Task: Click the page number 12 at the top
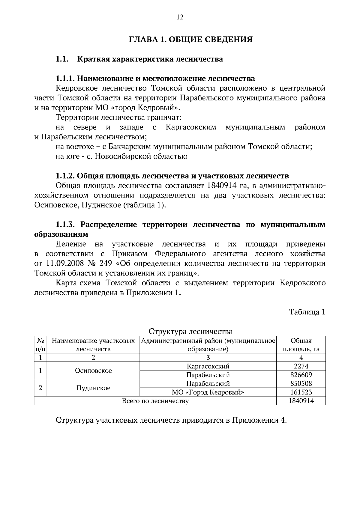pos(180,17)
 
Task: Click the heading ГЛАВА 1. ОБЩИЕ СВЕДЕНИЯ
pos(191,39)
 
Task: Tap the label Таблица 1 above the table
pos(307,312)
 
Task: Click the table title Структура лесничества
pos(190,331)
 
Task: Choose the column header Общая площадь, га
pos(301,345)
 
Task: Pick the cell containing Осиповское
pos(93,371)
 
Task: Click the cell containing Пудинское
pos(93,388)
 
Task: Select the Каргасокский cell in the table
pos(208,366)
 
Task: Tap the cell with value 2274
pos(301,366)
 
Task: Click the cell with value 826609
pos(301,375)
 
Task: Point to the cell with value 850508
pos(301,383)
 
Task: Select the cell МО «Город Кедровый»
pos(208,392)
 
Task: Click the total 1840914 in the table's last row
pos(301,401)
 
